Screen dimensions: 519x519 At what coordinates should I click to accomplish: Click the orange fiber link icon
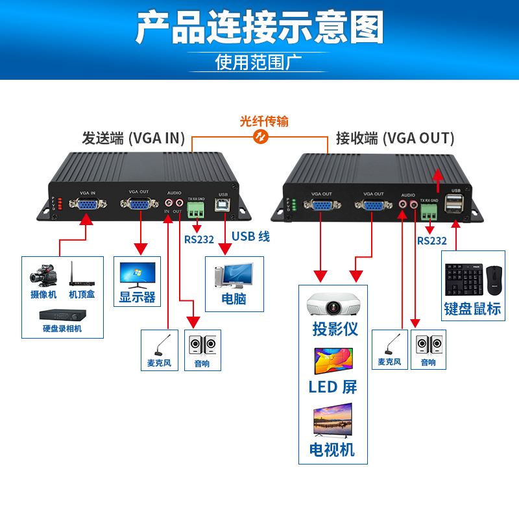click(x=261, y=137)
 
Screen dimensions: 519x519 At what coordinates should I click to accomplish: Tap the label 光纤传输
click(x=264, y=121)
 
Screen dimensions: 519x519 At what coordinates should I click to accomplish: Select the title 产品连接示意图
click(x=259, y=27)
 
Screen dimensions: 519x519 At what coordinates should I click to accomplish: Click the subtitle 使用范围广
click(x=259, y=63)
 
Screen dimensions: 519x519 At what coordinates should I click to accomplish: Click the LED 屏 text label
click(x=333, y=387)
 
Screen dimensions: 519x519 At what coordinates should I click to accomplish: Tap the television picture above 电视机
click(x=333, y=420)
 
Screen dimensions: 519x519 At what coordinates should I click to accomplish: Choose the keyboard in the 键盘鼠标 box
click(x=463, y=280)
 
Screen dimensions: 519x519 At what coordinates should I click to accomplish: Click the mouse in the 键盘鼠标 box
click(x=494, y=278)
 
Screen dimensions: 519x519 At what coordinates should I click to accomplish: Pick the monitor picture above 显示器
click(x=138, y=275)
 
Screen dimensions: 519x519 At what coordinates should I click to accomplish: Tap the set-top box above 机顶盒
click(x=82, y=275)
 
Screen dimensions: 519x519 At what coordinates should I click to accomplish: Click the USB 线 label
click(x=250, y=237)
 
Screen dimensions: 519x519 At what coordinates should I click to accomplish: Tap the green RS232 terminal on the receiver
click(x=429, y=211)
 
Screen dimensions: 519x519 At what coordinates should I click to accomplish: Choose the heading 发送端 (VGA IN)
click(x=133, y=138)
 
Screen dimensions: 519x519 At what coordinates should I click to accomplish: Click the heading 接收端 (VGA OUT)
click(x=394, y=138)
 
